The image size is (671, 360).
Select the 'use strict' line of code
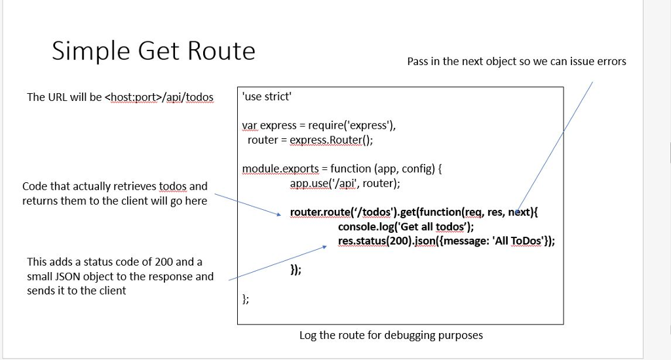267,96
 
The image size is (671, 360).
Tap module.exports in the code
280,169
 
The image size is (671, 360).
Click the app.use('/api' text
324,183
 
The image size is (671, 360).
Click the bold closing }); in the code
296,270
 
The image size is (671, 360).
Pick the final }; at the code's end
246,299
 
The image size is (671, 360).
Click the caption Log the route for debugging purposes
391,335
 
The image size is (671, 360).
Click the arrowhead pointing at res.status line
323,247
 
